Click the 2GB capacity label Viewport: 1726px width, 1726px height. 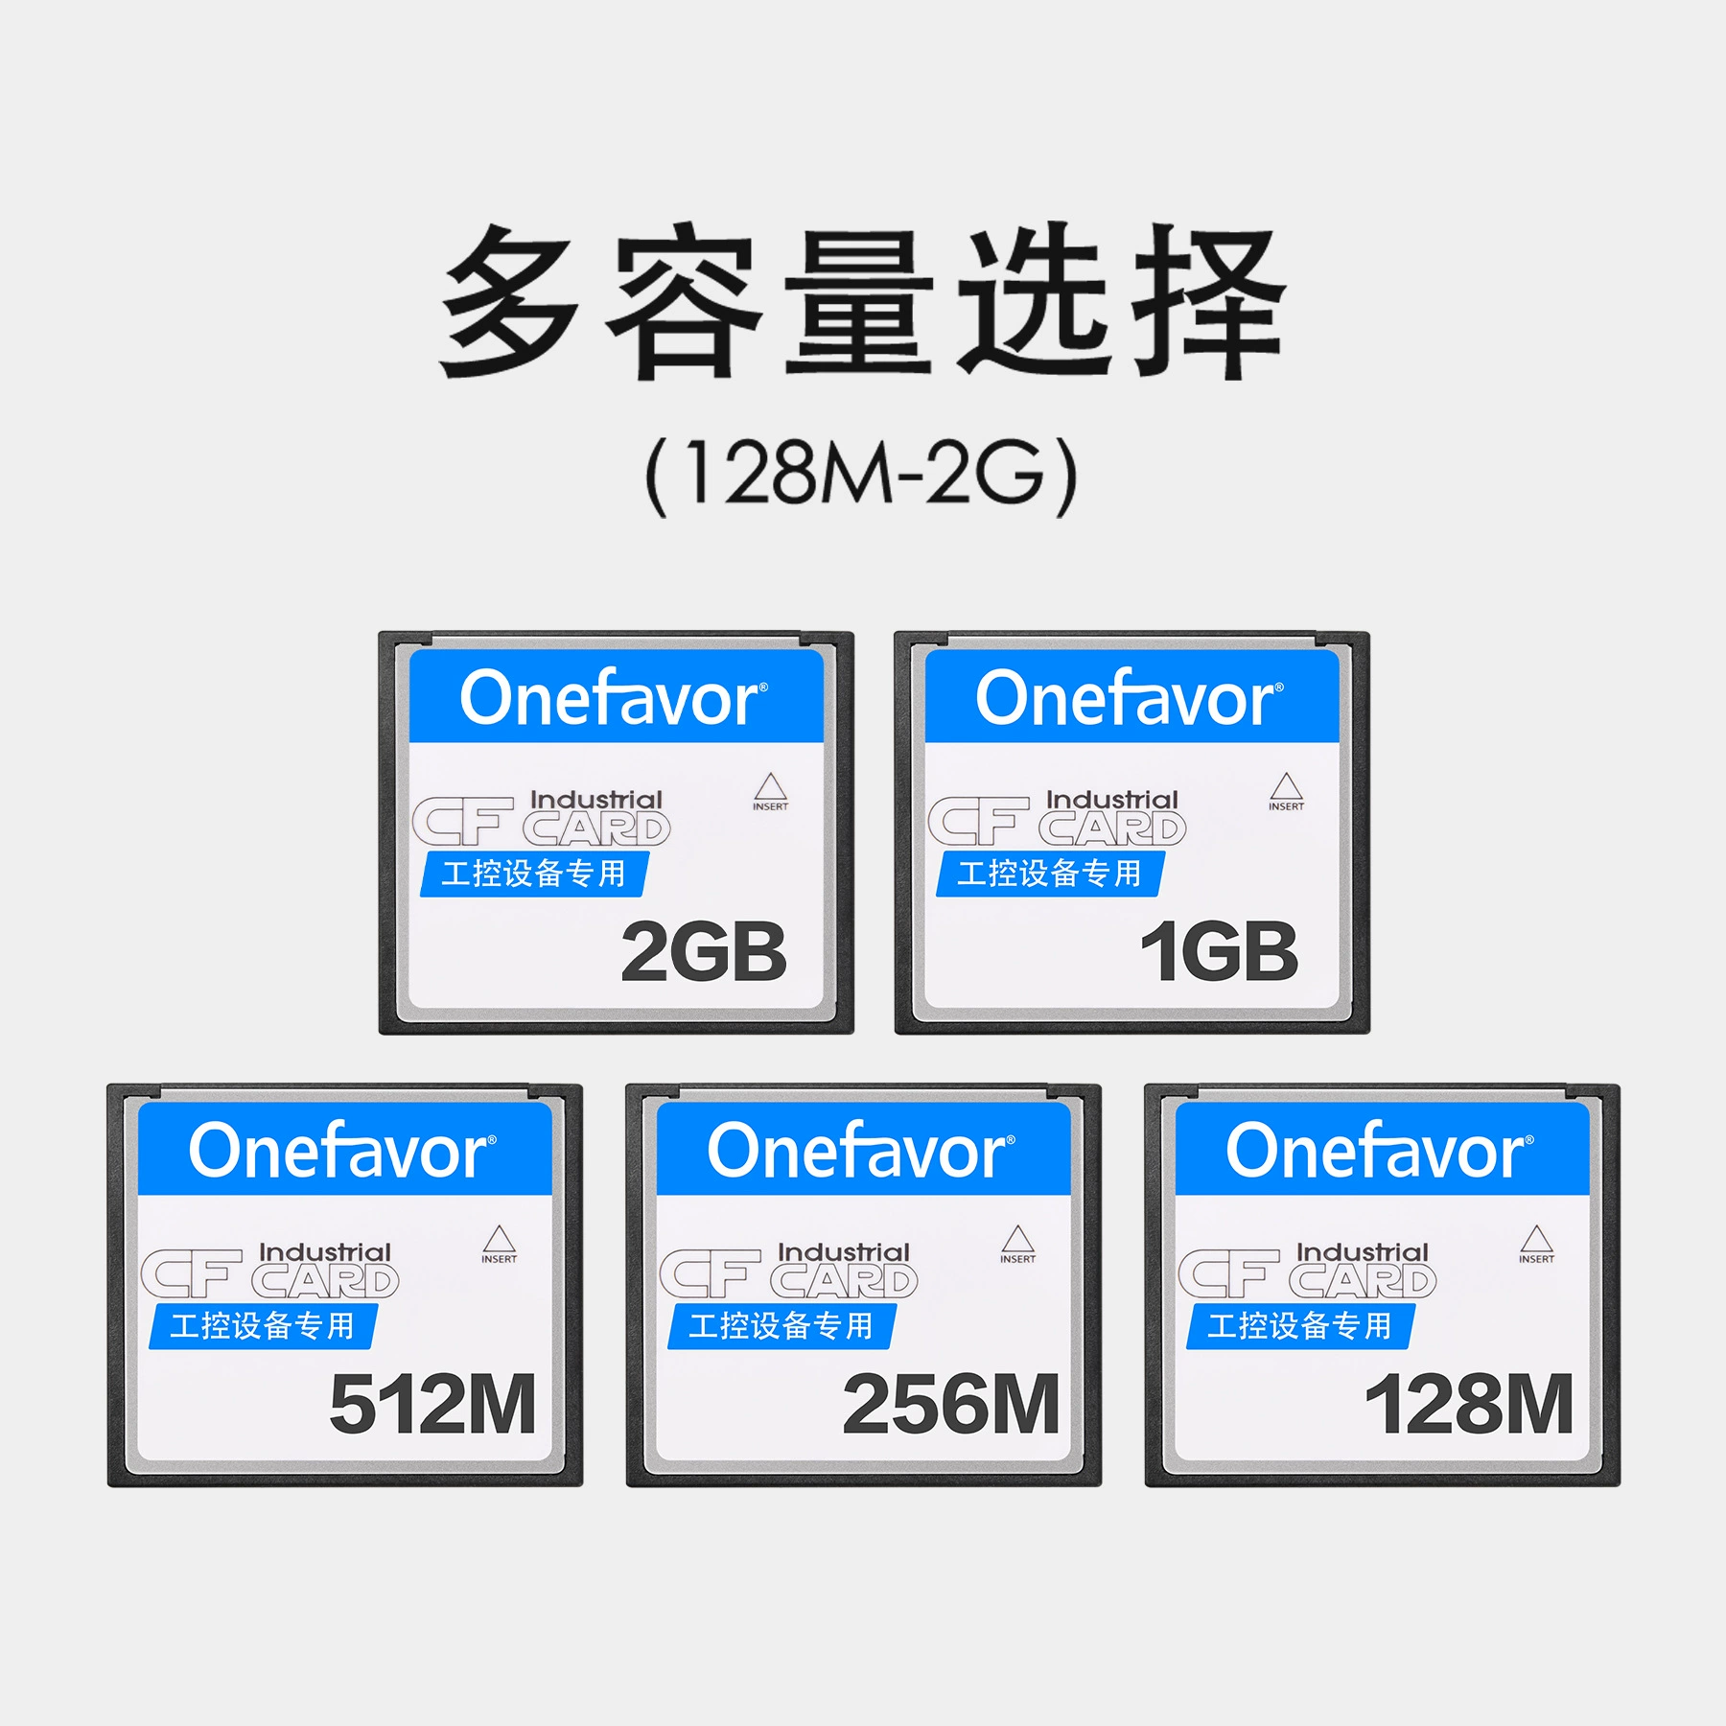pyautogui.click(x=704, y=952)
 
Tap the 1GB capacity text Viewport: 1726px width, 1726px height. pyautogui.click(x=1219, y=952)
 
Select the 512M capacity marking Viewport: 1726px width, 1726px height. pyautogui.click(x=432, y=1405)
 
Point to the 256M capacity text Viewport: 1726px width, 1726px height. pyautogui.click(x=951, y=1405)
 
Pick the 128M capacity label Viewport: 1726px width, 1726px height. pyautogui.click(x=1469, y=1405)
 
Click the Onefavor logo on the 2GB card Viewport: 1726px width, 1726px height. pyautogui.click(x=614, y=698)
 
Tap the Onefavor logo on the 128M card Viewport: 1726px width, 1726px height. pyautogui.click(x=1379, y=1151)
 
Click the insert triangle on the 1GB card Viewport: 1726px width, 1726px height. pyautogui.click(x=1286, y=787)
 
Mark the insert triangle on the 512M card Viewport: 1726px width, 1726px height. pyautogui.click(x=500, y=1240)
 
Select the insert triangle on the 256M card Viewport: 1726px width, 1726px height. pyautogui.click(x=1017, y=1240)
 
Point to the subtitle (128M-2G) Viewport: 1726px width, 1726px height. pyautogui.click(x=861, y=477)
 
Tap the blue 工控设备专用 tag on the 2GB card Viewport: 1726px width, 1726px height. pyautogui.click(x=534, y=874)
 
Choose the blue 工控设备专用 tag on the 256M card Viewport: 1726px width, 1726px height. pyautogui.click(x=781, y=1326)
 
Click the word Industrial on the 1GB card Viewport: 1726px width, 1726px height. pyautogui.click(x=1111, y=800)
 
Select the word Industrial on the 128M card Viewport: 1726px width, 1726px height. pyautogui.click(x=1362, y=1252)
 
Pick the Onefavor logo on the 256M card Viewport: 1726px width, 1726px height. pyautogui.click(x=861, y=1151)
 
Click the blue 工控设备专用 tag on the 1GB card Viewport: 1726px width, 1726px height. pyautogui.click(x=1050, y=874)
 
